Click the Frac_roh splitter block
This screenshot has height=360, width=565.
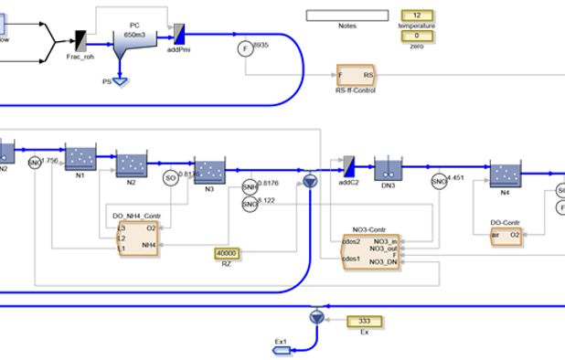pyautogui.click(x=80, y=39)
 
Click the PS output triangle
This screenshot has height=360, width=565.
pyautogui.click(x=117, y=79)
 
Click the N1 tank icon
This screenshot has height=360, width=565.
pyautogui.click(x=80, y=155)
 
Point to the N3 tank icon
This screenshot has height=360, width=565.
pyautogui.click(x=209, y=171)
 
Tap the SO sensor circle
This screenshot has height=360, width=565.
pyautogui.click(x=170, y=178)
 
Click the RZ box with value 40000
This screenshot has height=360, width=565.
pyautogui.click(x=226, y=253)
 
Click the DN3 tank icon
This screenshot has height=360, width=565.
pyautogui.click(x=388, y=170)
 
